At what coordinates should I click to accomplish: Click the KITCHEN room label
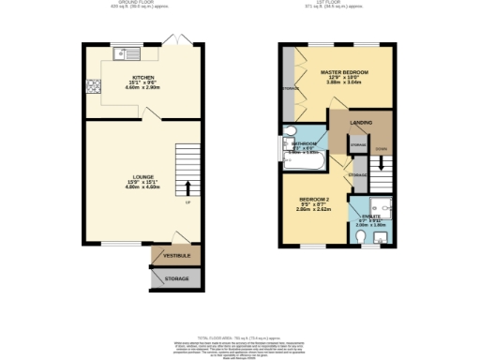[143, 76]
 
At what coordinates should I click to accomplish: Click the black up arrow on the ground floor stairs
[187, 187]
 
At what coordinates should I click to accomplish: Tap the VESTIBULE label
[177, 255]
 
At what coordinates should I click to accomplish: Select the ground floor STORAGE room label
[177, 279]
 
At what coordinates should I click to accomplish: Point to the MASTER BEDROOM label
[343, 71]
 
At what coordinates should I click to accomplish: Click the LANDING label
[360, 122]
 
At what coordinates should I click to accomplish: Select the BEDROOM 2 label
[313, 200]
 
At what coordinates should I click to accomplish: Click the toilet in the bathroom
[289, 131]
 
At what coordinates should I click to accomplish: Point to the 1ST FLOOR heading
[335, 4]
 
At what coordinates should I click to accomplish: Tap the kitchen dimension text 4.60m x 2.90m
[143, 87]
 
